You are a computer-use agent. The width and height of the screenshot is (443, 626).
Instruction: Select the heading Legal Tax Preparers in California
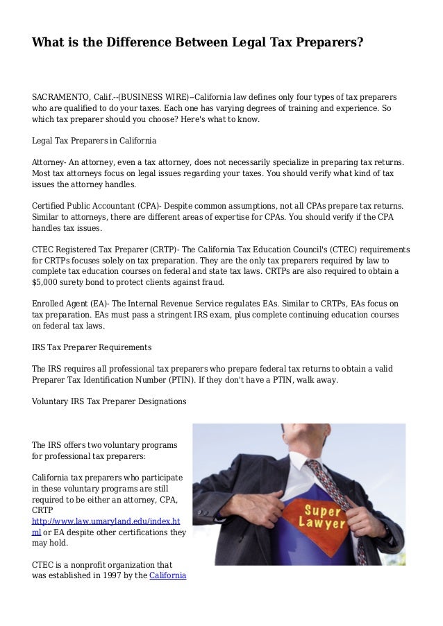coord(94,140)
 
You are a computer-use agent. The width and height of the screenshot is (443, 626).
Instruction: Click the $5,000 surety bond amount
coord(47,283)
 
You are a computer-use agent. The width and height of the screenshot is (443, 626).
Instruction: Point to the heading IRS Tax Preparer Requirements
coord(92,346)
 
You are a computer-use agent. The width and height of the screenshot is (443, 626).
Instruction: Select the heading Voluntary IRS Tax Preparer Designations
coord(109,401)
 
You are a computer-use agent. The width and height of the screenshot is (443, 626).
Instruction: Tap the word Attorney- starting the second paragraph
coord(49,162)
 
